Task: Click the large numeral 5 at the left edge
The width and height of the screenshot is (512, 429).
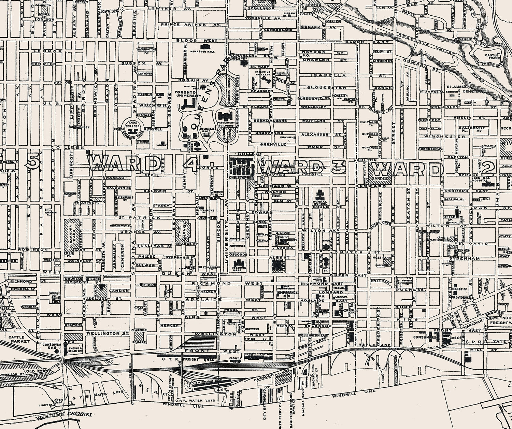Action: [x=32, y=160]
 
